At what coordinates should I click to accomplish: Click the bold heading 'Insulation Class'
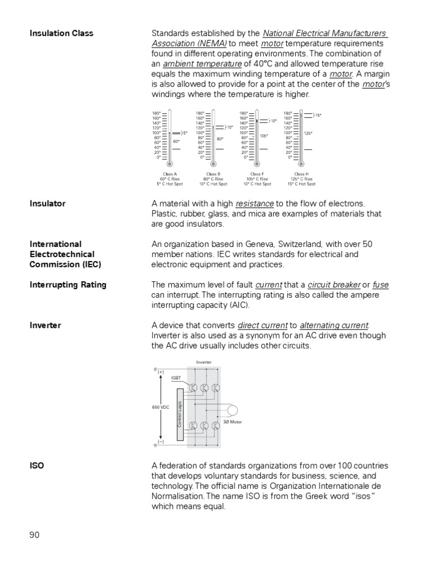(x=61, y=33)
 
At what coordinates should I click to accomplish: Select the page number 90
(x=35, y=535)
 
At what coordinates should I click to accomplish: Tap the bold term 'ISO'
(x=37, y=466)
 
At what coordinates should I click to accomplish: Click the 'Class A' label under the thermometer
(x=169, y=174)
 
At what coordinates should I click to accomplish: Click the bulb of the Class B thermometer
(x=213, y=164)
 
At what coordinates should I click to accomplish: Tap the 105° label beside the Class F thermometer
(x=264, y=135)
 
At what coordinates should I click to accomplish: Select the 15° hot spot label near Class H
(x=318, y=115)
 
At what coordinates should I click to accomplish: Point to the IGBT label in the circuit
(x=176, y=378)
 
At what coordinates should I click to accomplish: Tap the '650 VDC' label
(x=160, y=407)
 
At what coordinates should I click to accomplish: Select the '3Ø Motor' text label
(x=233, y=421)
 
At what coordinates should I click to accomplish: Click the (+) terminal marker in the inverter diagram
(x=161, y=372)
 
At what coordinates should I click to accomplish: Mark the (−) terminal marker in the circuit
(x=161, y=442)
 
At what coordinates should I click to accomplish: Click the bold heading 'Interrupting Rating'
(x=67, y=285)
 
